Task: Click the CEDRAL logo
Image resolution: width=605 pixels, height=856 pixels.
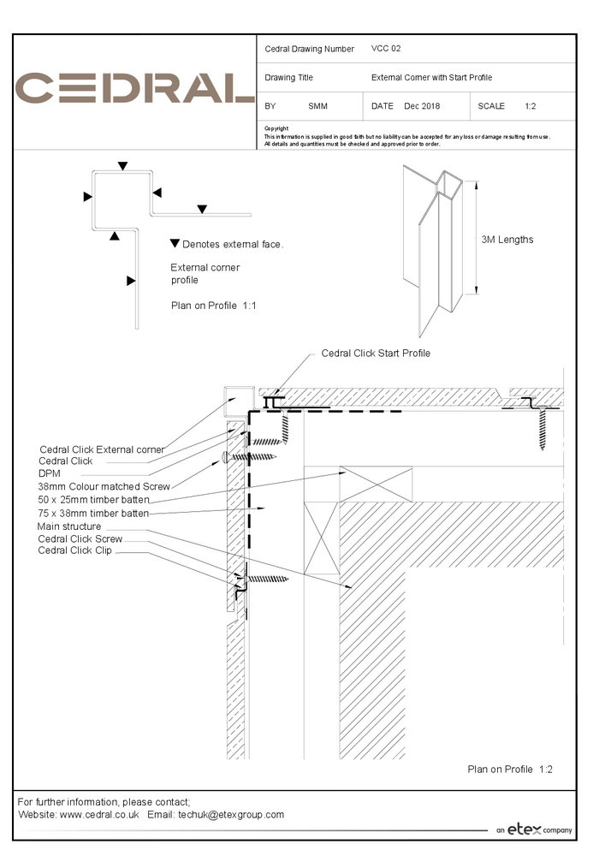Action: tap(135, 88)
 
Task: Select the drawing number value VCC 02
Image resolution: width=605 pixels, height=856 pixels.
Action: tap(386, 49)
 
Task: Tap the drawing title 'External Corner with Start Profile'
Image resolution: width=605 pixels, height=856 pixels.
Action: tap(431, 78)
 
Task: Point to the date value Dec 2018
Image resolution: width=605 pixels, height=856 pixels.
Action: tap(422, 106)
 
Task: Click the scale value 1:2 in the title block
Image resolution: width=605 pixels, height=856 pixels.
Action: tap(530, 106)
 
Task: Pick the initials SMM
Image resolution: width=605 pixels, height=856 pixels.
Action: tap(317, 106)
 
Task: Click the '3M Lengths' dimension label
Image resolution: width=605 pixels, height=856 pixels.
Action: tap(507, 240)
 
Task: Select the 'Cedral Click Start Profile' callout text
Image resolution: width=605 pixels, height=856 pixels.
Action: tap(376, 354)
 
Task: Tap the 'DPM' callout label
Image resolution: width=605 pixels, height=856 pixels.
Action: tap(49, 473)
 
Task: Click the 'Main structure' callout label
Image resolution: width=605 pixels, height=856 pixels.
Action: tap(69, 526)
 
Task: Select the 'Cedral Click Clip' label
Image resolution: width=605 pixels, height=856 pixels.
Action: tap(74, 550)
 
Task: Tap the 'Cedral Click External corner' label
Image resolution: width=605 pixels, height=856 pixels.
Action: tap(102, 449)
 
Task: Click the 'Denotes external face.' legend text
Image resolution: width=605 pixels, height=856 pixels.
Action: tap(232, 245)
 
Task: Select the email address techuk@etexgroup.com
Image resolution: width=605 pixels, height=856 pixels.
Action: tap(231, 815)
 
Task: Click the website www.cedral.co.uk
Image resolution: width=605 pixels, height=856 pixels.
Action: tap(99, 815)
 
